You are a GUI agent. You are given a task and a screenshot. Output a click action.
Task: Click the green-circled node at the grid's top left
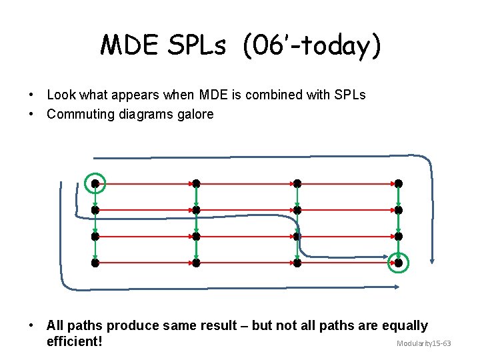click(x=95, y=183)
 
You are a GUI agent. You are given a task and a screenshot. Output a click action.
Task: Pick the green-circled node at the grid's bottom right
click(x=399, y=263)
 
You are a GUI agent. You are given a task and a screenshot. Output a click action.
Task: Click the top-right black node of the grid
click(x=399, y=183)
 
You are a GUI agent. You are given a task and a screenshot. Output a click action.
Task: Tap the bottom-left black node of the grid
click(x=95, y=263)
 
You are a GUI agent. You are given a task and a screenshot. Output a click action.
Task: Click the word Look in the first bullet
click(x=61, y=95)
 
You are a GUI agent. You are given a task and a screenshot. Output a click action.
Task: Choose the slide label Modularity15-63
click(x=424, y=343)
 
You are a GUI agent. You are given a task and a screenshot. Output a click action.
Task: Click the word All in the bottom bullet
click(x=55, y=325)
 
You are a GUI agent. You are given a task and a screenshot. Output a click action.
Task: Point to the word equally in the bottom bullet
click(x=403, y=325)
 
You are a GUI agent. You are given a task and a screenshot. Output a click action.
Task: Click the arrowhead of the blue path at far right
click(x=433, y=261)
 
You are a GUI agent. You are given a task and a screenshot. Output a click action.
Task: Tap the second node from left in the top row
click(x=196, y=183)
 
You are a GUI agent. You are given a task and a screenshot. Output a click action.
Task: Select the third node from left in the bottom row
click(x=297, y=263)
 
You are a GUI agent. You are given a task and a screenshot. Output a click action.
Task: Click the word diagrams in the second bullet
click(x=133, y=114)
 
